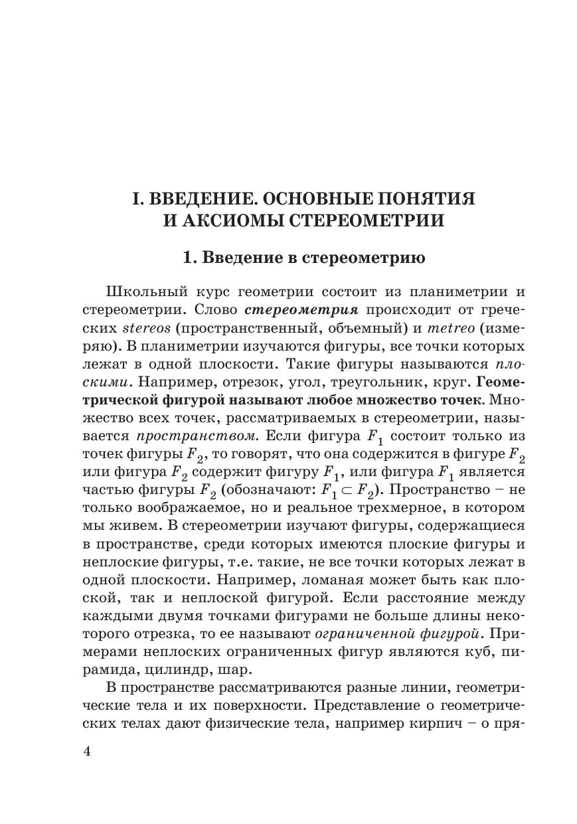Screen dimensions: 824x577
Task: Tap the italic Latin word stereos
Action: [x=147, y=328]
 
